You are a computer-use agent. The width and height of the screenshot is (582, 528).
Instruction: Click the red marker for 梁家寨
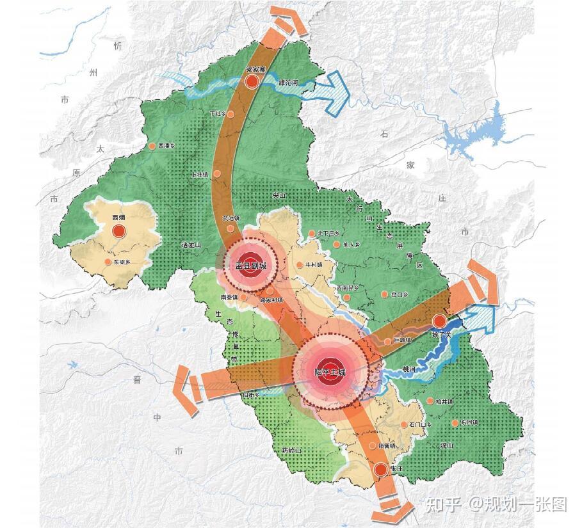tap(252, 82)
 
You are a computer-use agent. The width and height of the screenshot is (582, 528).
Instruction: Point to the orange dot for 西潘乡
tap(152, 146)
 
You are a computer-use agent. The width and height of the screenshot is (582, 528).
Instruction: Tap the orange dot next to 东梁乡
tap(108, 262)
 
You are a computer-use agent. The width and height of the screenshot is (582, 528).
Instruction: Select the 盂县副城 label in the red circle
tap(250, 266)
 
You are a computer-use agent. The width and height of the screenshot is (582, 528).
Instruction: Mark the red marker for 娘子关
tap(439, 321)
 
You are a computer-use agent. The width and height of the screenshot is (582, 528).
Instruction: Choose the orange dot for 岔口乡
tap(384, 294)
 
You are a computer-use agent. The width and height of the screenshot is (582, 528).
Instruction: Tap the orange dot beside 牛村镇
tap(299, 265)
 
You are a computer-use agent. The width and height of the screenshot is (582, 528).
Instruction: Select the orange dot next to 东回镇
tap(455, 423)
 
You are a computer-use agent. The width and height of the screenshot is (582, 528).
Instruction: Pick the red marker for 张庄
tap(381, 470)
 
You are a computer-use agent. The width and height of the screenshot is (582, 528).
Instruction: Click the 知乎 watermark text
tap(443, 504)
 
